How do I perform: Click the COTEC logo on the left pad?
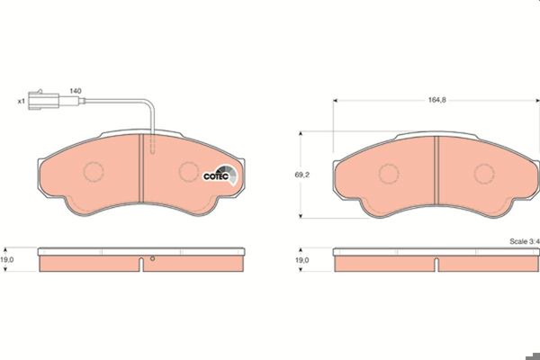pyautogui.click(x=220, y=175)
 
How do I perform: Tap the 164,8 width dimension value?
pyautogui.click(x=437, y=100)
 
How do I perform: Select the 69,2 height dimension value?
pyautogui.click(x=301, y=175)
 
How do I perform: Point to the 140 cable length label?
pyautogui.click(x=76, y=91)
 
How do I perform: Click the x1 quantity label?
pyautogui.click(x=22, y=102)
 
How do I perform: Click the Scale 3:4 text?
pyautogui.click(x=525, y=241)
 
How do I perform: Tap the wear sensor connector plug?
pyautogui.click(x=44, y=100)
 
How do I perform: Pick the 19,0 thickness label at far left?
pyautogui.click(x=7, y=260)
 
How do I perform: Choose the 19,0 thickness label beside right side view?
pyautogui.click(x=302, y=260)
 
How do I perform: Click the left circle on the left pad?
pyautogui.click(x=94, y=172)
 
